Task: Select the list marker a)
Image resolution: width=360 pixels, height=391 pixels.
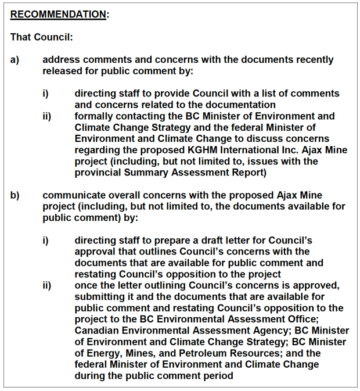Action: [15, 60]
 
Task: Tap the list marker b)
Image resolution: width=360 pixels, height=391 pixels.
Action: [15, 195]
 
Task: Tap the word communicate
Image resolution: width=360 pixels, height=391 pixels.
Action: [73, 195]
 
